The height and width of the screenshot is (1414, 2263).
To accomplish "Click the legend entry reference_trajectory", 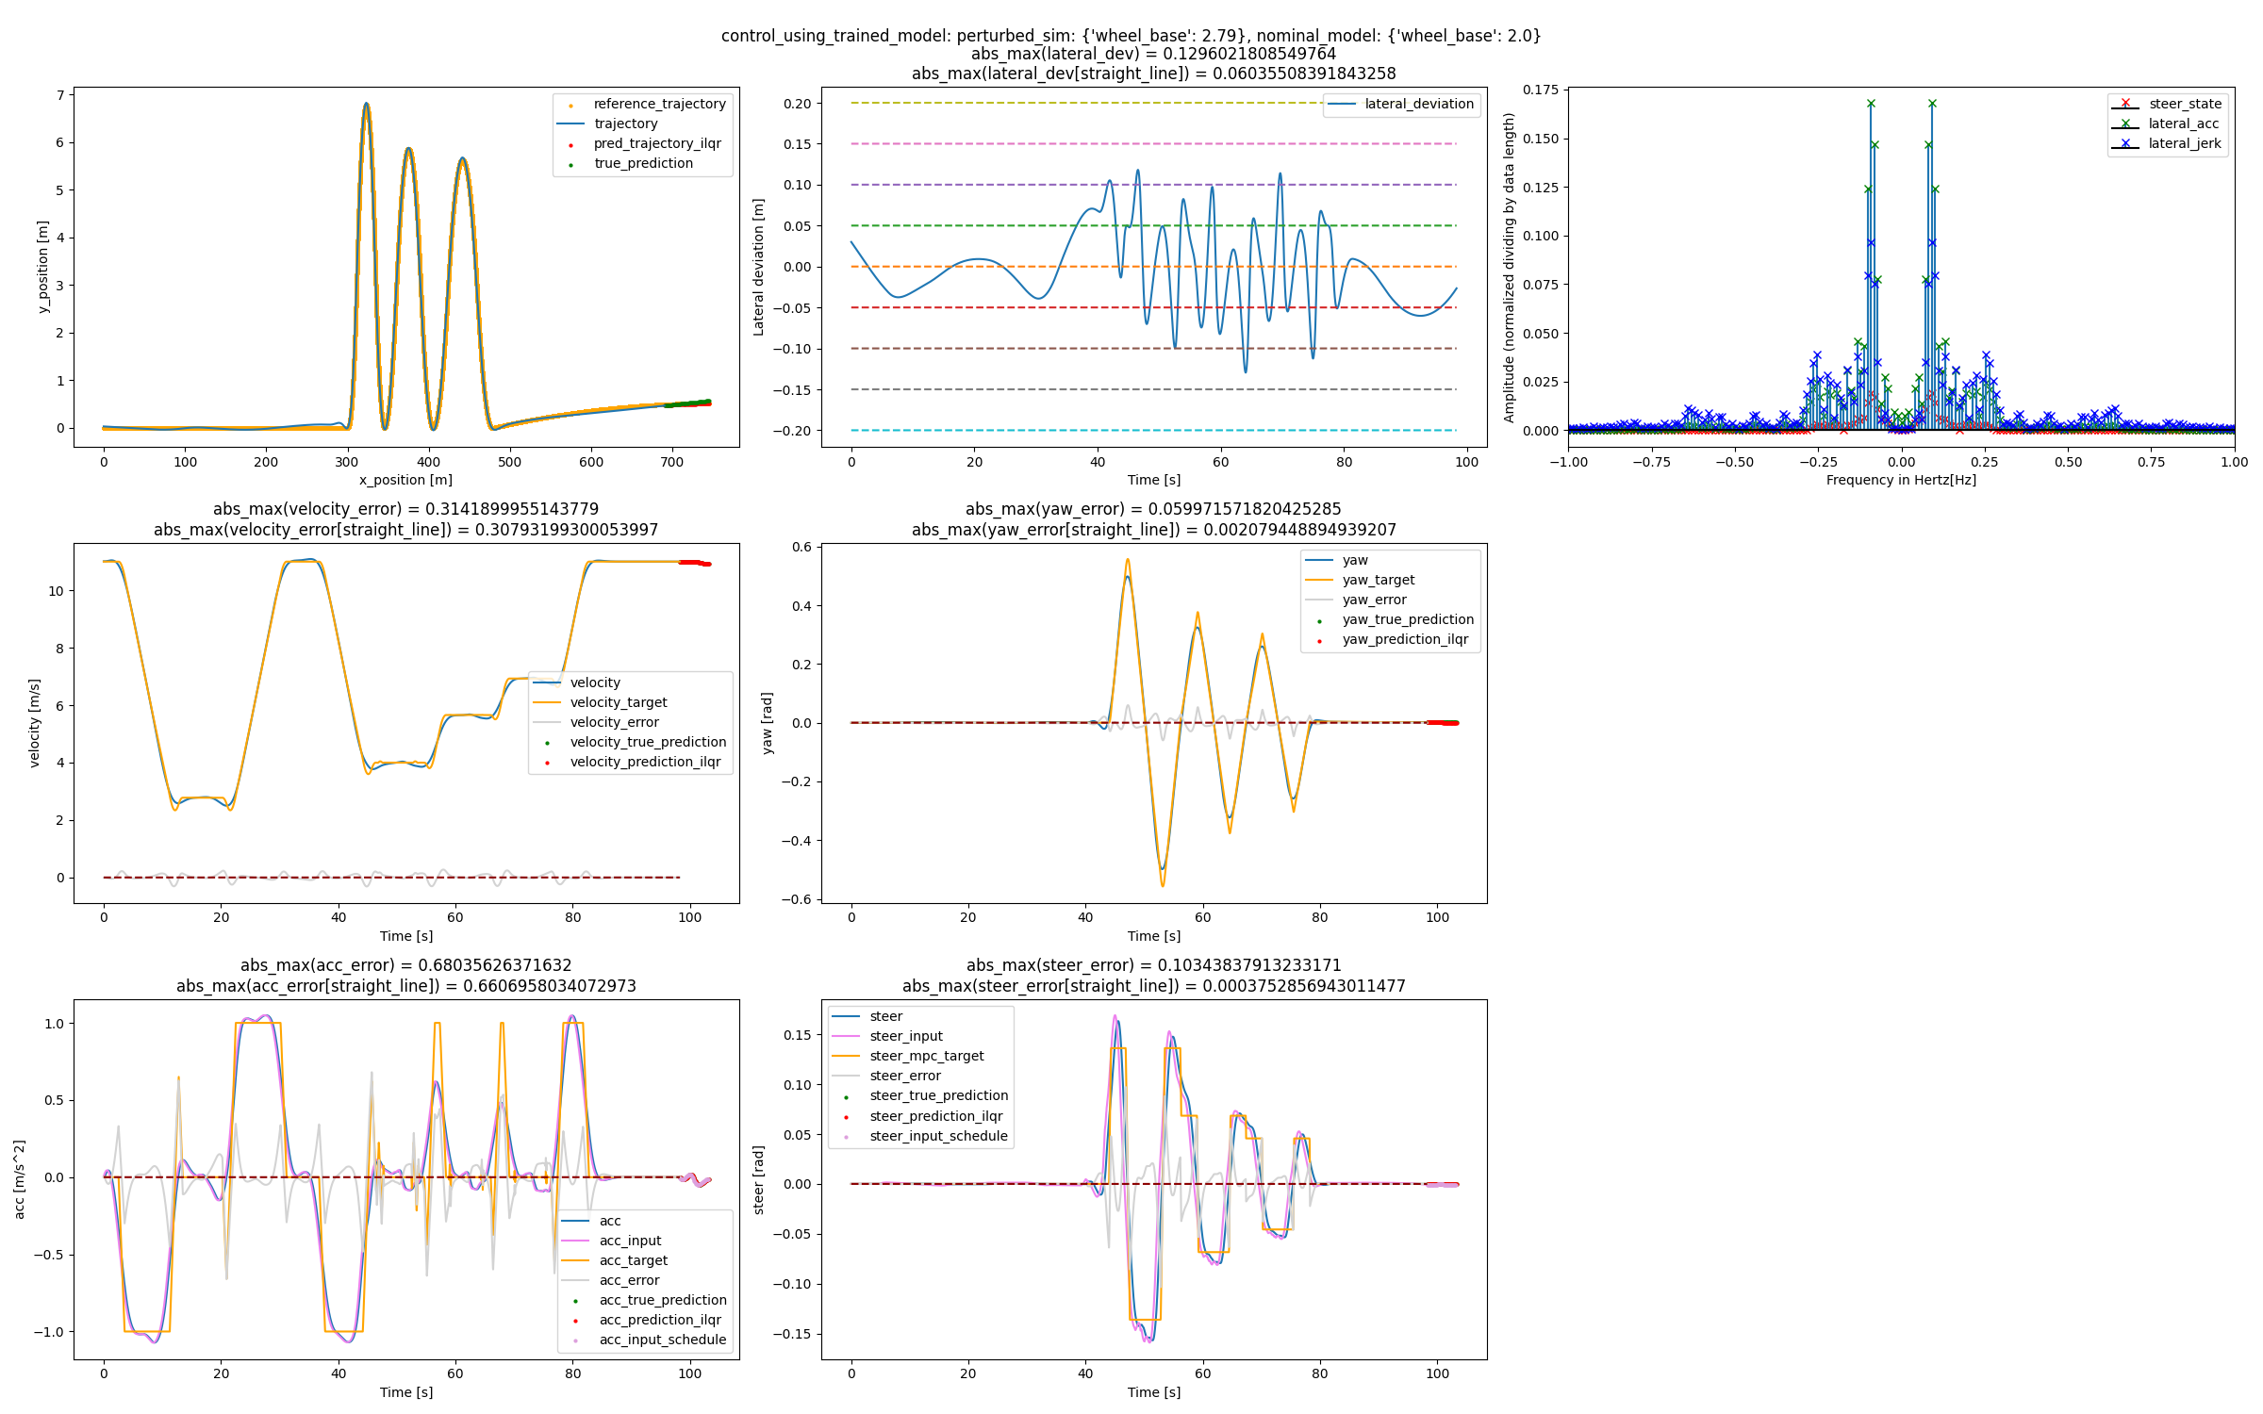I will point(659,104).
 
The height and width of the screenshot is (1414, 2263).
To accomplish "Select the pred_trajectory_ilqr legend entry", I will point(657,143).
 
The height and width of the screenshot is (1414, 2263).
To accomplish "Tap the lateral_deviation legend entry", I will point(1418,104).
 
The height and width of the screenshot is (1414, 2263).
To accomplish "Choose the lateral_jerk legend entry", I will point(2184,143).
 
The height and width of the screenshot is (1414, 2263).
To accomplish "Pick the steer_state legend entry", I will point(2185,104).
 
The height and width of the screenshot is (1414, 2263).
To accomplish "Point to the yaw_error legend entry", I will point(1374,600).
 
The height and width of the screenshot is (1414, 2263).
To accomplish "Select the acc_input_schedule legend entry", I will point(662,1340).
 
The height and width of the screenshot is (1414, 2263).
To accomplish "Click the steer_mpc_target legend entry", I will point(926,1056).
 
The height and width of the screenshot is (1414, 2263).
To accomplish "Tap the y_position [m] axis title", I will point(42,267).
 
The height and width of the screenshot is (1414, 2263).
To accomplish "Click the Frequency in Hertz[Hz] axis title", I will point(1901,480).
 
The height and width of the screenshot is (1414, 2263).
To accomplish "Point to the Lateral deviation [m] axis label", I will point(758,267).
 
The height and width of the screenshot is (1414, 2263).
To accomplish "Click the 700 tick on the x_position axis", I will point(671,462).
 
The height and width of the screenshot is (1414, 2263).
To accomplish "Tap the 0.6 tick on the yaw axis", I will point(801,547).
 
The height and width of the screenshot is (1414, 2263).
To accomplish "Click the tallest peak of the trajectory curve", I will point(366,104).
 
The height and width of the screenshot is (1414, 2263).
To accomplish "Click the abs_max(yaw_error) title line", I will point(1153,509).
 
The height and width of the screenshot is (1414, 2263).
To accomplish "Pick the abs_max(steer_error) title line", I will point(1153,965).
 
